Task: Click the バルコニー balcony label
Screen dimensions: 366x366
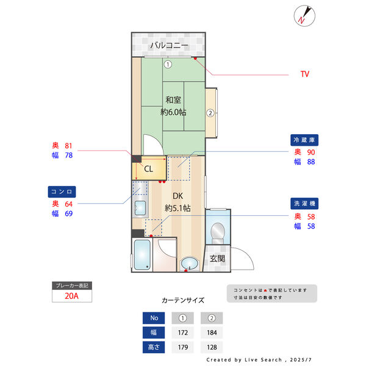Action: [x=169, y=46]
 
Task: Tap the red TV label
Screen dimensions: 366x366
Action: [x=304, y=74]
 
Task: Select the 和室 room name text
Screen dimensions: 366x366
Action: [x=173, y=100]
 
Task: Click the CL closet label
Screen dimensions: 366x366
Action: [x=148, y=168]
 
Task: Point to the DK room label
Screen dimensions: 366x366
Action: [x=178, y=196]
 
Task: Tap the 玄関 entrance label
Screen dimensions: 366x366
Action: [x=218, y=258]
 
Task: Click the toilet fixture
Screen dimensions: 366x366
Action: [x=217, y=232]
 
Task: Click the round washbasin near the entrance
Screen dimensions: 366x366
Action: [x=190, y=264]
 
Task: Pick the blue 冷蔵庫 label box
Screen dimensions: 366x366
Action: [x=306, y=140]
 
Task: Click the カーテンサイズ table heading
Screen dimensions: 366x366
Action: [x=183, y=300]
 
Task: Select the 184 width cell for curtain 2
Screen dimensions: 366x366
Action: [x=212, y=333]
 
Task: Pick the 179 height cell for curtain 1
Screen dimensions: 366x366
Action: [x=182, y=348]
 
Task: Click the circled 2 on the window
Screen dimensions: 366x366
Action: [x=210, y=112]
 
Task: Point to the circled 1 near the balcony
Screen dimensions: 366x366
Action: [x=168, y=63]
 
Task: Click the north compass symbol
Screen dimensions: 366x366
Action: [x=304, y=15]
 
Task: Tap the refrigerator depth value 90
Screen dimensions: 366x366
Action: [x=310, y=152]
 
